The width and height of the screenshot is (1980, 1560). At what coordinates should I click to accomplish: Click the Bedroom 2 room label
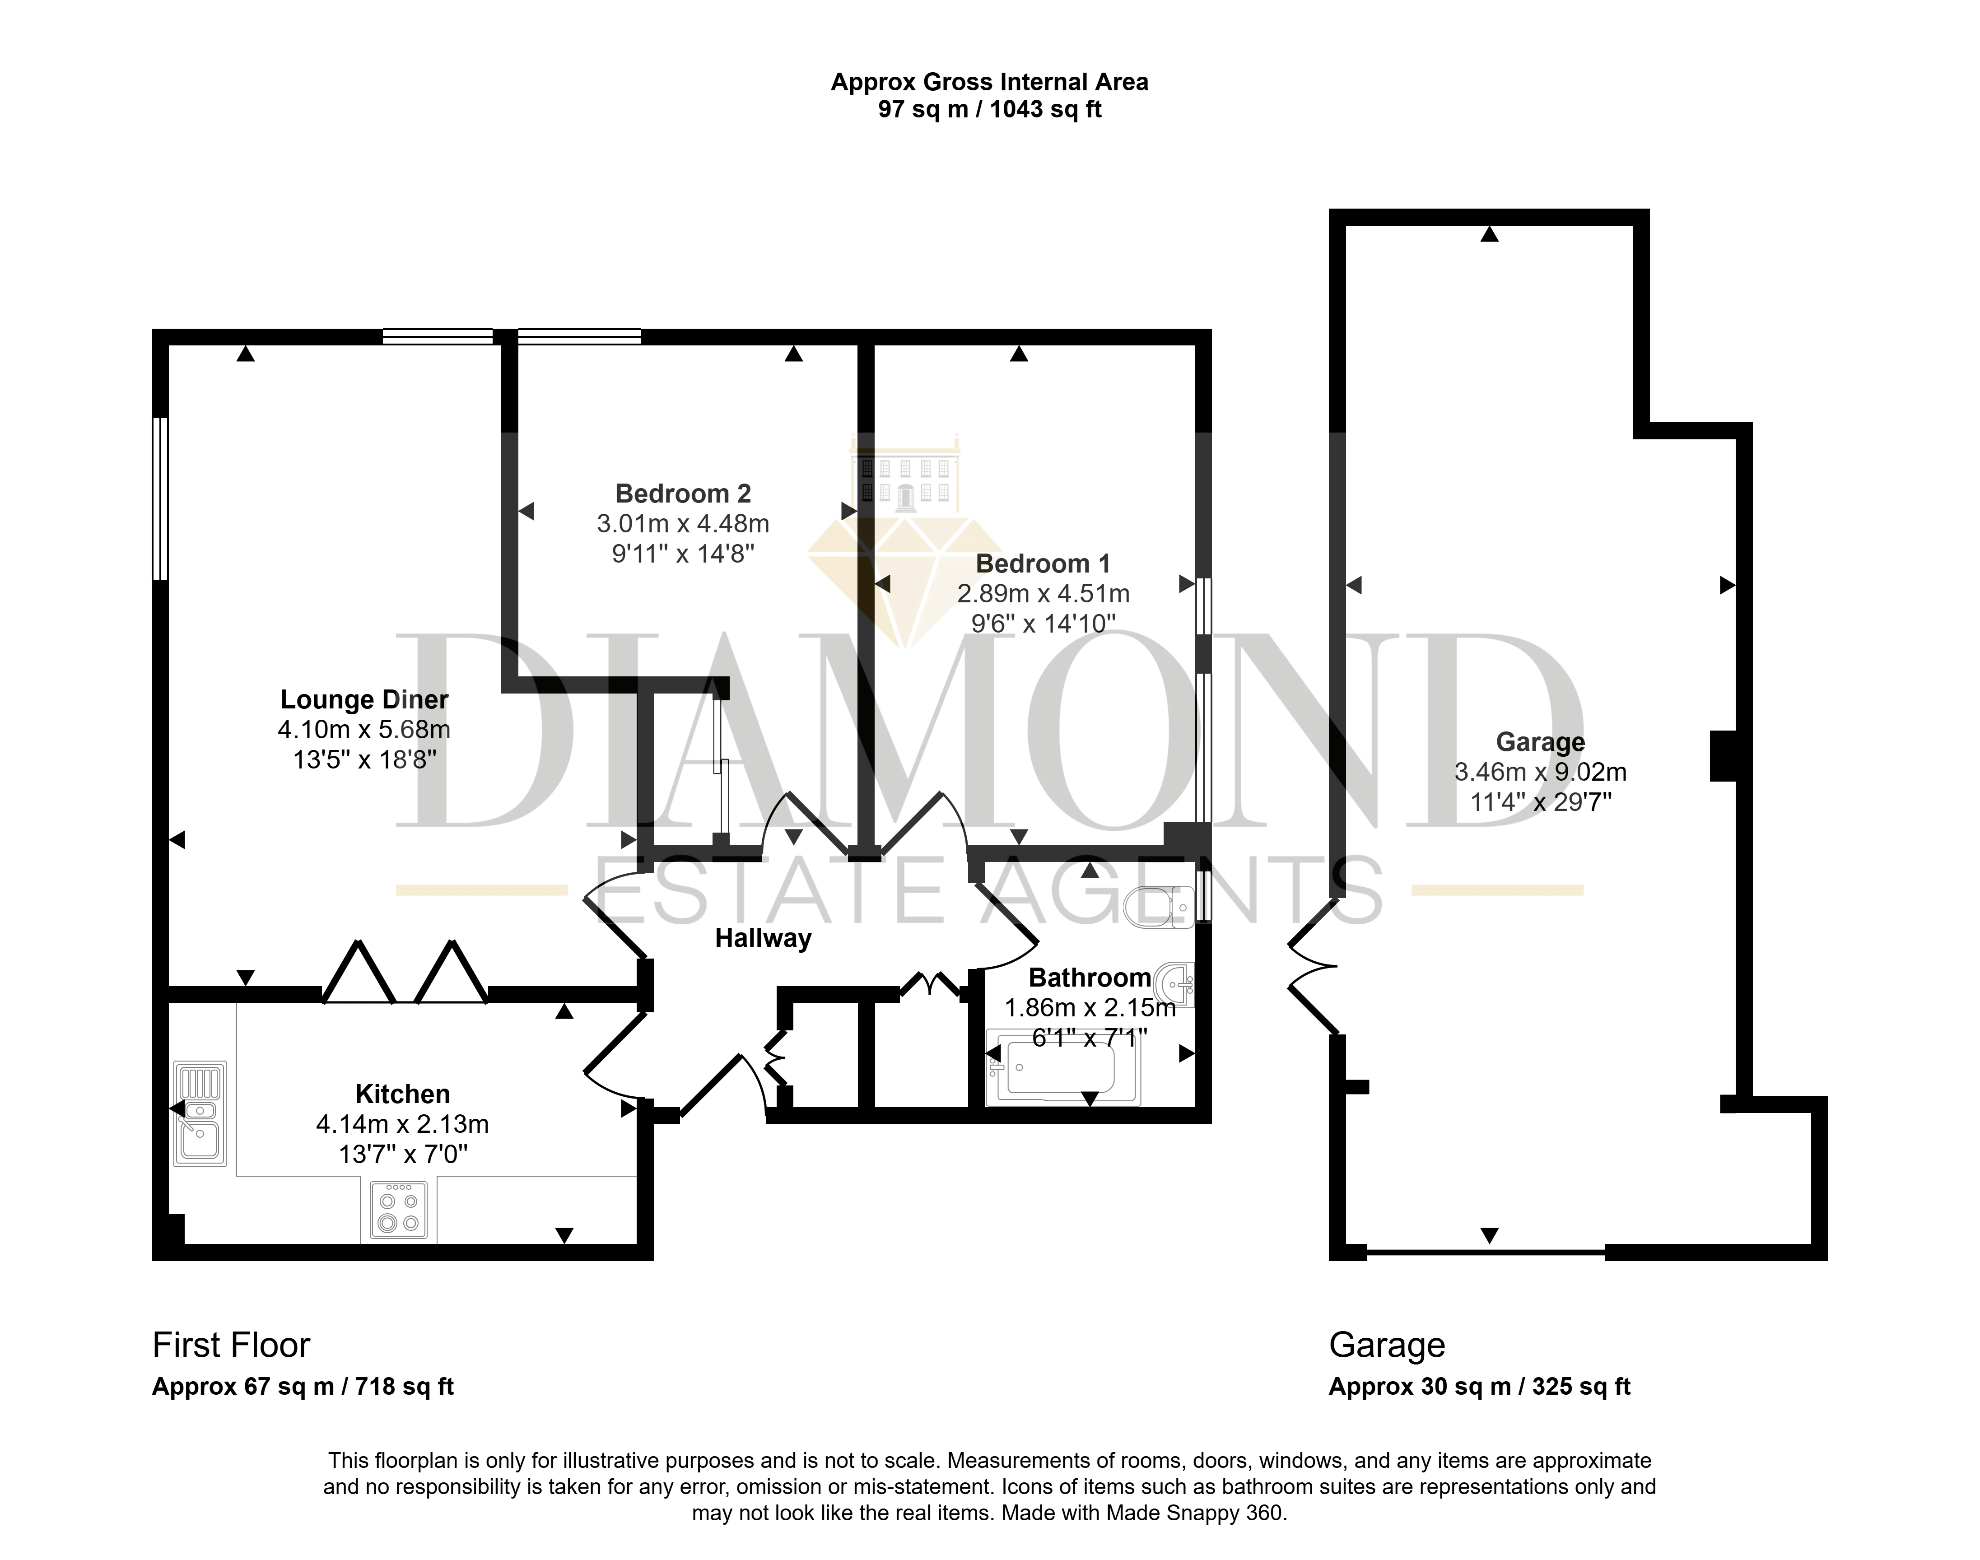(x=683, y=494)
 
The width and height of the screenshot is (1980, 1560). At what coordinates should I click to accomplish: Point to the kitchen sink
(x=200, y=1113)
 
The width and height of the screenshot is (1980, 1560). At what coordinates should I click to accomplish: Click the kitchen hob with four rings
(x=398, y=1210)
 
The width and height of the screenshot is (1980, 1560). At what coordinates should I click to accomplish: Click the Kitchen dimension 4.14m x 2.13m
(x=403, y=1124)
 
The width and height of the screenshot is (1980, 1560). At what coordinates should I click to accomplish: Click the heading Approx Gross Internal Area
(x=989, y=82)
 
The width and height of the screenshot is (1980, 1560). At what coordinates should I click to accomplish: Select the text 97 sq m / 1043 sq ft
(x=989, y=110)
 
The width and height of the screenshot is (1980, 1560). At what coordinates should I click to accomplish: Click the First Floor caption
(x=231, y=1346)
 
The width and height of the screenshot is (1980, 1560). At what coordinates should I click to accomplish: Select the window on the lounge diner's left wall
(x=160, y=498)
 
